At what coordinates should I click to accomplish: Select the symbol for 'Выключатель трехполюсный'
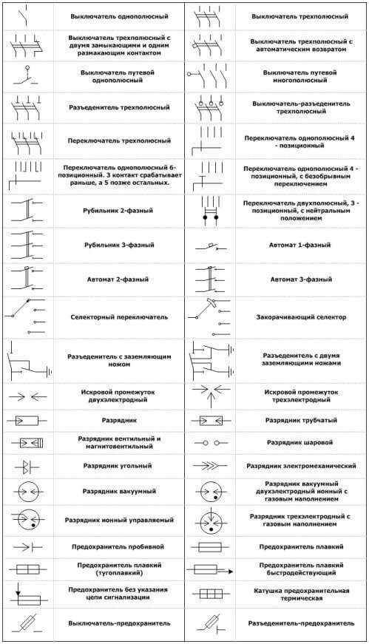(x=210, y=16)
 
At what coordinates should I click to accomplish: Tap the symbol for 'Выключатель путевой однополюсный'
(x=27, y=77)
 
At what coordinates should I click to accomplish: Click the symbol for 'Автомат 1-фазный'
(x=210, y=245)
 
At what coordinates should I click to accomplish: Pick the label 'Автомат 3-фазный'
(x=300, y=279)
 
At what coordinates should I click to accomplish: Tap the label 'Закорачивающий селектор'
(x=300, y=316)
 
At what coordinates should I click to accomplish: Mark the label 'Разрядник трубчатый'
(x=300, y=420)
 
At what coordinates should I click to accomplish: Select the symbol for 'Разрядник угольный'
(x=27, y=466)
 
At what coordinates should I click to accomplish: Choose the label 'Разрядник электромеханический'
(x=300, y=466)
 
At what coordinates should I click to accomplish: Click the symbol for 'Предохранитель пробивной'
(x=27, y=546)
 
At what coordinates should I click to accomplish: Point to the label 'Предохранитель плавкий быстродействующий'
(x=300, y=569)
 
